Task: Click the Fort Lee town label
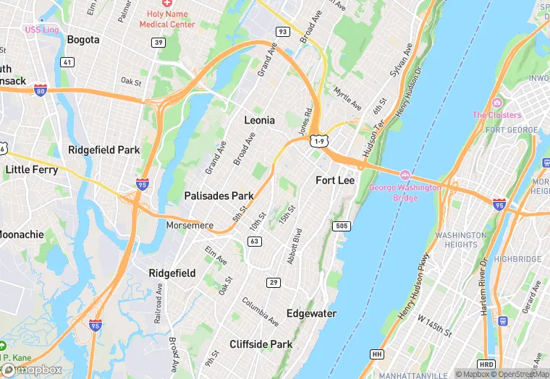coord(335,180)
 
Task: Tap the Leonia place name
coord(259,120)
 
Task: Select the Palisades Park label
coord(219,196)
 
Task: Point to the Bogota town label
coord(83,40)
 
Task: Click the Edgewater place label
coord(311,313)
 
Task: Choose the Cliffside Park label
coord(262,344)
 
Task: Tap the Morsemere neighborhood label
coord(190,226)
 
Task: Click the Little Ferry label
coord(31,169)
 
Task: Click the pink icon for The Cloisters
coord(496,103)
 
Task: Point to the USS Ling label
coord(42,30)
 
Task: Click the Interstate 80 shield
coord(41,90)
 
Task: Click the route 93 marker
coord(282,32)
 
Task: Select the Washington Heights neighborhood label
coord(462,240)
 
